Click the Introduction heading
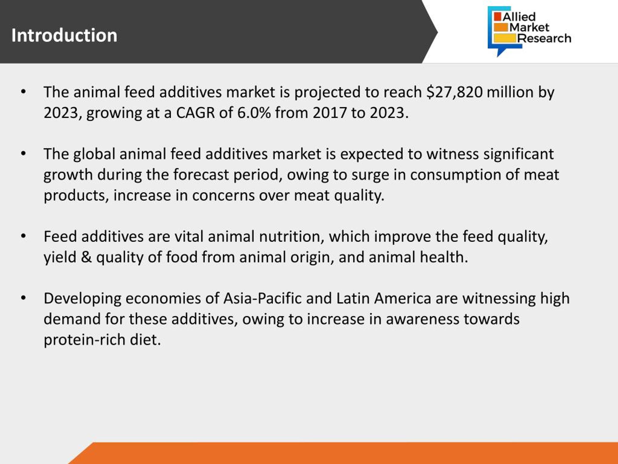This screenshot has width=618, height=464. pyautogui.click(x=64, y=36)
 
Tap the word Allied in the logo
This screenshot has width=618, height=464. pyautogui.click(x=519, y=17)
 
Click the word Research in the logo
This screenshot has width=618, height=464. pyautogui.click(x=544, y=38)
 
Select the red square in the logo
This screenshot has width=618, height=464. pyautogui.click(x=498, y=16)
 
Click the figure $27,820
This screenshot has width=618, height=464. pyautogui.click(x=455, y=92)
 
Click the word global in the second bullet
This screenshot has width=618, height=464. pyautogui.click(x=94, y=154)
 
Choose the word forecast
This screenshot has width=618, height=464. pyautogui.click(x=201, y=175)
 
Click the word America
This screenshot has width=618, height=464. pyautogui.click(x=403, y=298)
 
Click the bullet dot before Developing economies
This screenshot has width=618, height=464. pyautogui.click(x=23, y=298)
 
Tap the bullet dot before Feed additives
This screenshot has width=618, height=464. pyautogui.click(x=23, y=236)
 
